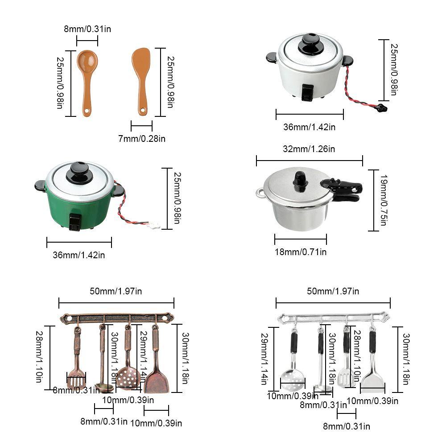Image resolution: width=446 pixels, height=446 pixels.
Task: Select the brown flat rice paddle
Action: tap(141, 62)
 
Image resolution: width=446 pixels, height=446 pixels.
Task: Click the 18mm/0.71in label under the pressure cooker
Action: tap(300, 252)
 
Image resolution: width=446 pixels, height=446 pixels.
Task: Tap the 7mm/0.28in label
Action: tap(141, 139)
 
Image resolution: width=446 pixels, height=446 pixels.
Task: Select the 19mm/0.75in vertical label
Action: tap(382, 200)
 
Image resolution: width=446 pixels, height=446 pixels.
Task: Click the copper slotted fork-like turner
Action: tap(76, 379)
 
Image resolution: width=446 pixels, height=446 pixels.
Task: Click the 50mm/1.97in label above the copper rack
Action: tap(116, 291)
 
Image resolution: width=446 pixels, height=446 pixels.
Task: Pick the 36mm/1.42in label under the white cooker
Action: tap(309, 127)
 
